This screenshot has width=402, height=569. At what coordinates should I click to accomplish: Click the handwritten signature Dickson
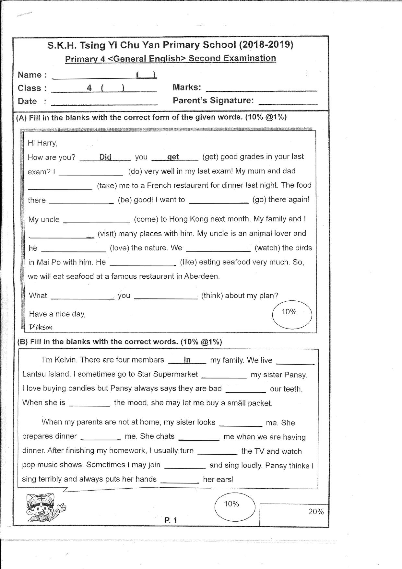41,327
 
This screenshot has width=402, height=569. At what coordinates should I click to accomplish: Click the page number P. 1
171,520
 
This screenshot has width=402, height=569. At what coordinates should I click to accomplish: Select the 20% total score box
294,515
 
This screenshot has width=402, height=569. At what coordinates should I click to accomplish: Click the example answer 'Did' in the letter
105,157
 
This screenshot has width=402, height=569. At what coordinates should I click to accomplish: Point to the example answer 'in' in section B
187,360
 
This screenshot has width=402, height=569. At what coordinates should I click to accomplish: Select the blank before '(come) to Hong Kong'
97,220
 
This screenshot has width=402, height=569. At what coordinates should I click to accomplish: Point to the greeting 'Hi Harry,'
42,143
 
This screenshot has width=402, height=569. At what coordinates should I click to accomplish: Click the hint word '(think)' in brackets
212,296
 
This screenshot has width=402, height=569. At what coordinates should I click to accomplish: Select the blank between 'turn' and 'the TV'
217,452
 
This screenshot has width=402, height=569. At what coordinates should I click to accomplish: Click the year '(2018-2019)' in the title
266,45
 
